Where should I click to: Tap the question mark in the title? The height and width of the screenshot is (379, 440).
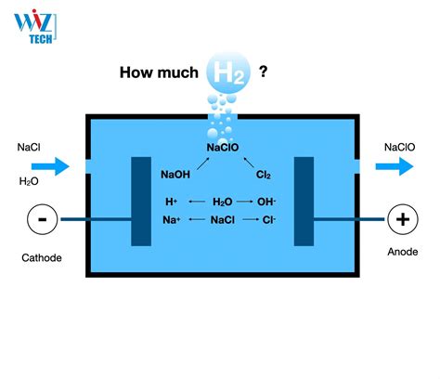tap(264, 71)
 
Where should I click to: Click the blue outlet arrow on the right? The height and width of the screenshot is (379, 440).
tap(395, 167)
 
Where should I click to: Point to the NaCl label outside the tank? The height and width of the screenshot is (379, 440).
tap(28, 147)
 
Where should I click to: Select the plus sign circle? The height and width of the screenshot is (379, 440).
tap(402, 220)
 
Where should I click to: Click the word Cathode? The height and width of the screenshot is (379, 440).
tap(40, 257)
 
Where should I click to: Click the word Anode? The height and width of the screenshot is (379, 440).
tap(402, 252)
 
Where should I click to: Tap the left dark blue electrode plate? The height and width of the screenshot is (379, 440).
tap(141, 203)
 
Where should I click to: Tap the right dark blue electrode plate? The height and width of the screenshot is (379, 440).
tap(304, 203)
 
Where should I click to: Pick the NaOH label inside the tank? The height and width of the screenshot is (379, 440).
tap(176, 174)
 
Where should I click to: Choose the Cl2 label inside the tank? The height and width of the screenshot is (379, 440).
tap(263, 174)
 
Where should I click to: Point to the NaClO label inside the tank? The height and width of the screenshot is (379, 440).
tap(222, 147)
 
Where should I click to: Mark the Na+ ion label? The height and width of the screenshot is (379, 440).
tap(172, 220)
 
